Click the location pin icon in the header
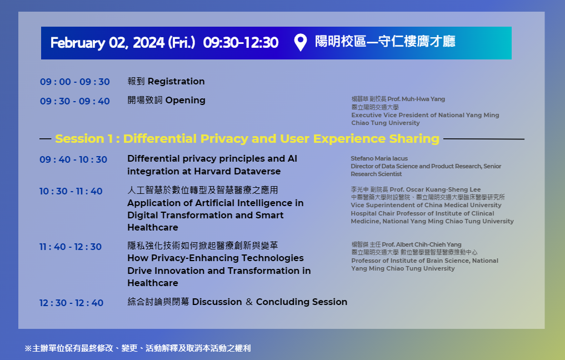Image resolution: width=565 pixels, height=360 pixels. tap(300, 42)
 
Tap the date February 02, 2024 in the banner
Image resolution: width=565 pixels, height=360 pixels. tap(107, 43)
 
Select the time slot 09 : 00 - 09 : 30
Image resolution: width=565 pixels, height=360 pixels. tap(75, 82)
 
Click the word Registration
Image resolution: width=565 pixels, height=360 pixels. tap(176, 82)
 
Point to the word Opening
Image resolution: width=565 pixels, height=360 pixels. tap(185, 101)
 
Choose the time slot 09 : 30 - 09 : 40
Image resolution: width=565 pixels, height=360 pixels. tap(75, 101)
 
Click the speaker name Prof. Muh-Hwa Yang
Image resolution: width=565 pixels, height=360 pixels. tap(416, 99)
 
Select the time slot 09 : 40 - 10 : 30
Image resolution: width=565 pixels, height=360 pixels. tap(73, 159)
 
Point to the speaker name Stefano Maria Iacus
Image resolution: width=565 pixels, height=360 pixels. tap(379, 158)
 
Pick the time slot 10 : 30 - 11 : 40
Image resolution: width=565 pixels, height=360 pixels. tap(71, 191)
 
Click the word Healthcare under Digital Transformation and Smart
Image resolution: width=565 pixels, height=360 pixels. tap(153, 228)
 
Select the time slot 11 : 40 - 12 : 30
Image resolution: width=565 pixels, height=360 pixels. tap(71, 247)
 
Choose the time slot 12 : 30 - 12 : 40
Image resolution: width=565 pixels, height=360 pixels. tap(71, 303)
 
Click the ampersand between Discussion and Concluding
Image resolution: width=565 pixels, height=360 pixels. tap(249, 302)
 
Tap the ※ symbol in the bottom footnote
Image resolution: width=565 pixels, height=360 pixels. tap(28, 348)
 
